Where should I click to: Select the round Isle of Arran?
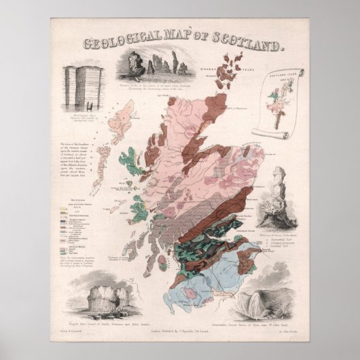coord(162,260)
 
